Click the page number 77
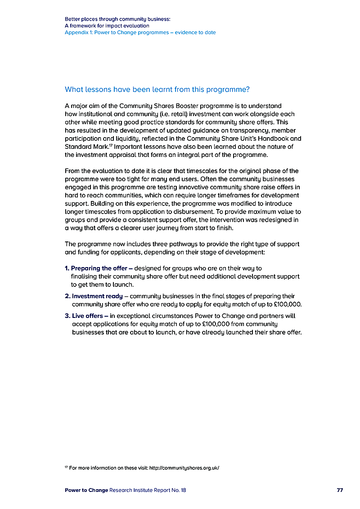(x=340, y=490)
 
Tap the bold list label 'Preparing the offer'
(x=99, y=268)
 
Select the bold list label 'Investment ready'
(x=97, y=296)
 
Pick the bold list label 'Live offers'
(x=88, y=316)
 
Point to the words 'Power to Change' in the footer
(x=86, y=490)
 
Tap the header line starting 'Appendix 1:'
(x=140, y=32)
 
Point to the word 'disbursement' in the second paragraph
(x=232, y=212)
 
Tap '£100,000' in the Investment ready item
(x=287, y=304)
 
